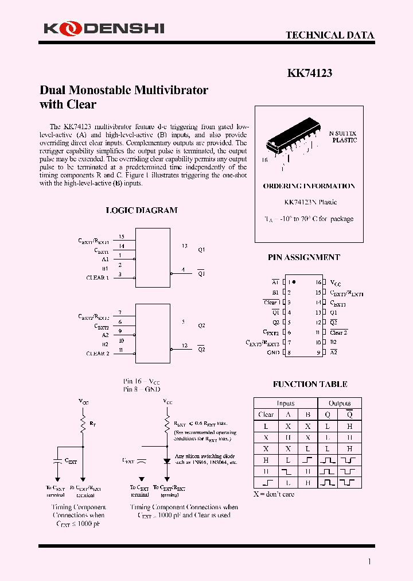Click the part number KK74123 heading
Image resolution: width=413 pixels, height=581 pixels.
[x=309, y=73]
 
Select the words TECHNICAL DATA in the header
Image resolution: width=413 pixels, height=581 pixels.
[x=330, y=35]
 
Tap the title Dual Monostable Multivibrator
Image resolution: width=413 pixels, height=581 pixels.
[x=124, y=90]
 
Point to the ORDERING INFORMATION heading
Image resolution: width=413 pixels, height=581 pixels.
[x=309, y=186]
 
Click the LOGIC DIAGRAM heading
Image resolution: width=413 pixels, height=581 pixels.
[x=142, y=210]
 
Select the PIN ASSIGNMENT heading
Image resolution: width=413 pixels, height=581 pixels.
[x=303, y=258]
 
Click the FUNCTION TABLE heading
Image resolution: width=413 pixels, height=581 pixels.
[x=310, y=384]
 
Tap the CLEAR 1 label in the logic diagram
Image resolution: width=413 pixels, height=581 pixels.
[x=97, y=278]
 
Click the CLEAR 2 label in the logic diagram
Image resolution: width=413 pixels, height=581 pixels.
[x=98, y=354]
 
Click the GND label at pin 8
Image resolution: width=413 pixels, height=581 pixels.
[x=273, y=353]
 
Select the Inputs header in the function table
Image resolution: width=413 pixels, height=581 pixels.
[x=285, y=403]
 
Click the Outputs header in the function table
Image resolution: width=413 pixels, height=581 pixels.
[x=339, y=403]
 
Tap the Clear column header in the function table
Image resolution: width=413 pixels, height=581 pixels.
[x=266, y=415]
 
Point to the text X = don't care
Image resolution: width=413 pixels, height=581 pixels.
[x=274, y=494]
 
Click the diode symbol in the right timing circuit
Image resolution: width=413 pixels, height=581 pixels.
[x=167, y=460]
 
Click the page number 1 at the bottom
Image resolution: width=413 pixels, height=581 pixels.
[x=369, y=561]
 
